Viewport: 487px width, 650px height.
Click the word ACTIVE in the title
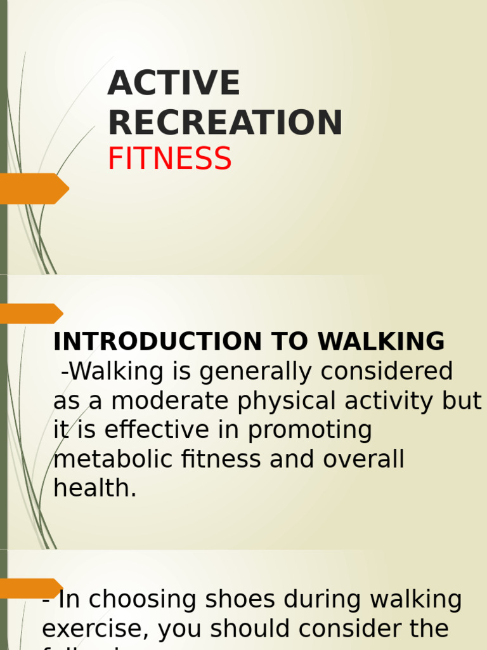[x=174, y=84]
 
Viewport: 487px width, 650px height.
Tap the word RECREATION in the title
[x=225, y=123]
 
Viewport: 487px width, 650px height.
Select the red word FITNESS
[x=169, y=159]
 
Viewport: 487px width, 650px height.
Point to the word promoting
[x=310, y=431]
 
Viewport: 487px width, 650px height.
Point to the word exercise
[x=95, y=630]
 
